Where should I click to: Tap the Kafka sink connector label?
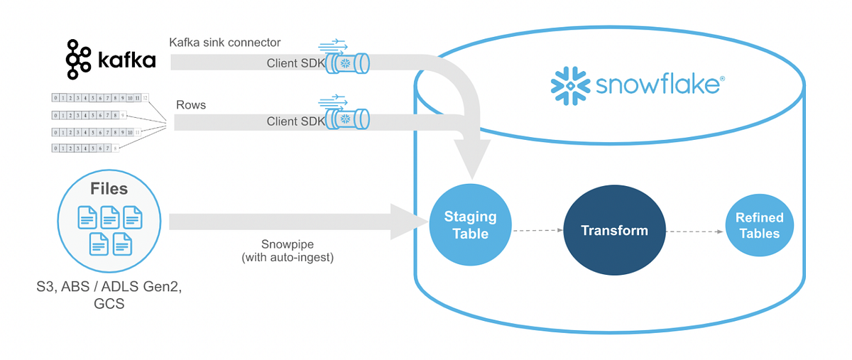pyautogui.click(x=224, y=43)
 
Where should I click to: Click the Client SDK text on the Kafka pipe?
pyautogui.click(x=295, y=63)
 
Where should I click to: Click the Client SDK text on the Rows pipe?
pyautogui.click(x=295, y=121)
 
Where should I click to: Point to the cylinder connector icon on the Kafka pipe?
pyautogui.click(x=347, y=63)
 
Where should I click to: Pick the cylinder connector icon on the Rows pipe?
pyautogui.click(x=347, y=120)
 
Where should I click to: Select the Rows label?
pyautogui.click(x=191, y=104)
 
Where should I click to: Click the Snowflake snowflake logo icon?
pyautogui.click(x=570, y=84)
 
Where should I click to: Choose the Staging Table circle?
pyautogui.click(x=470, y=225)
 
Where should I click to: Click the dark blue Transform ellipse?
pyautogui.click(x=614, y=231)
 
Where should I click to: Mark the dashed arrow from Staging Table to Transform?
pyautogui.click(x=537, y=230)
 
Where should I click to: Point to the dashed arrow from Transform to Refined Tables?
pyautogui.click(x=694, y=230)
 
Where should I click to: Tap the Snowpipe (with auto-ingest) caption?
pyautogui.click(x=287, y=251)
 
